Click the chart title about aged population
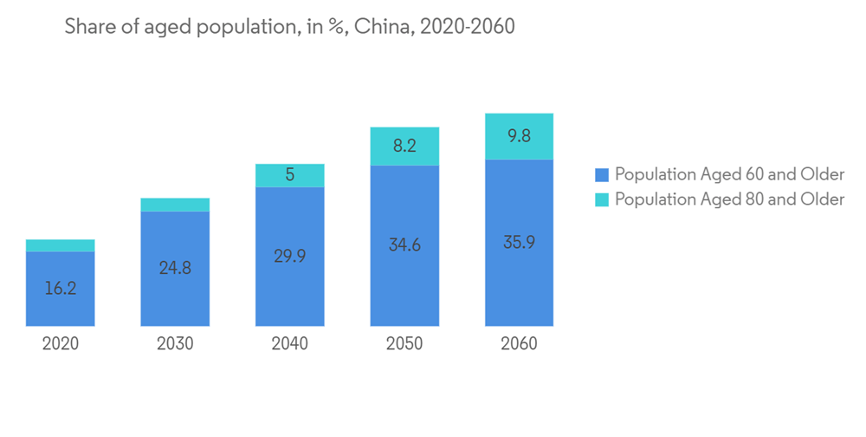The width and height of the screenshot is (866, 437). pyautogui.click(x=290, y=28)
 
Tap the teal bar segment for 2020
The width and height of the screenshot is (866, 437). pyautogui.click(x=61, y=245)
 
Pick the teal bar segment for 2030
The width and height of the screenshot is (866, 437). pyautogui.click(x=175, y=205)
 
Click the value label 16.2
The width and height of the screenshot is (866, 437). pyautogui.click(x=61, y=288)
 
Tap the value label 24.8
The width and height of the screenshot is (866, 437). pyautogui.click(x=175, y=268)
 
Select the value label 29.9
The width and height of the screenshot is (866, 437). pyautogui.click(x=289, y=256)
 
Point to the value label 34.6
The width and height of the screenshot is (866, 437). pyautogui.click(x=404, y=245)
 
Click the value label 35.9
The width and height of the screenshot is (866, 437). pyautogui.click(x=519, y=243)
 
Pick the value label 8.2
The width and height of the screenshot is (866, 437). pyautogui.click(x=404, y=146)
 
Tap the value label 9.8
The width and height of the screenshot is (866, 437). pyautogui.click(x=519, y=136)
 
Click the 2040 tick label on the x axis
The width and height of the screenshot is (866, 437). pyautogui.click(x=289, y=344)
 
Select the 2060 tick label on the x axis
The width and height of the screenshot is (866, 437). pyautogui.click(x=519, y=344)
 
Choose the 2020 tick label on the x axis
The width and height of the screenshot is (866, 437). pyautogui.click(x=61, y=344)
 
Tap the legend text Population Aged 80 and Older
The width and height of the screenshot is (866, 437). pyautogui.click(x=729, y=199)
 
